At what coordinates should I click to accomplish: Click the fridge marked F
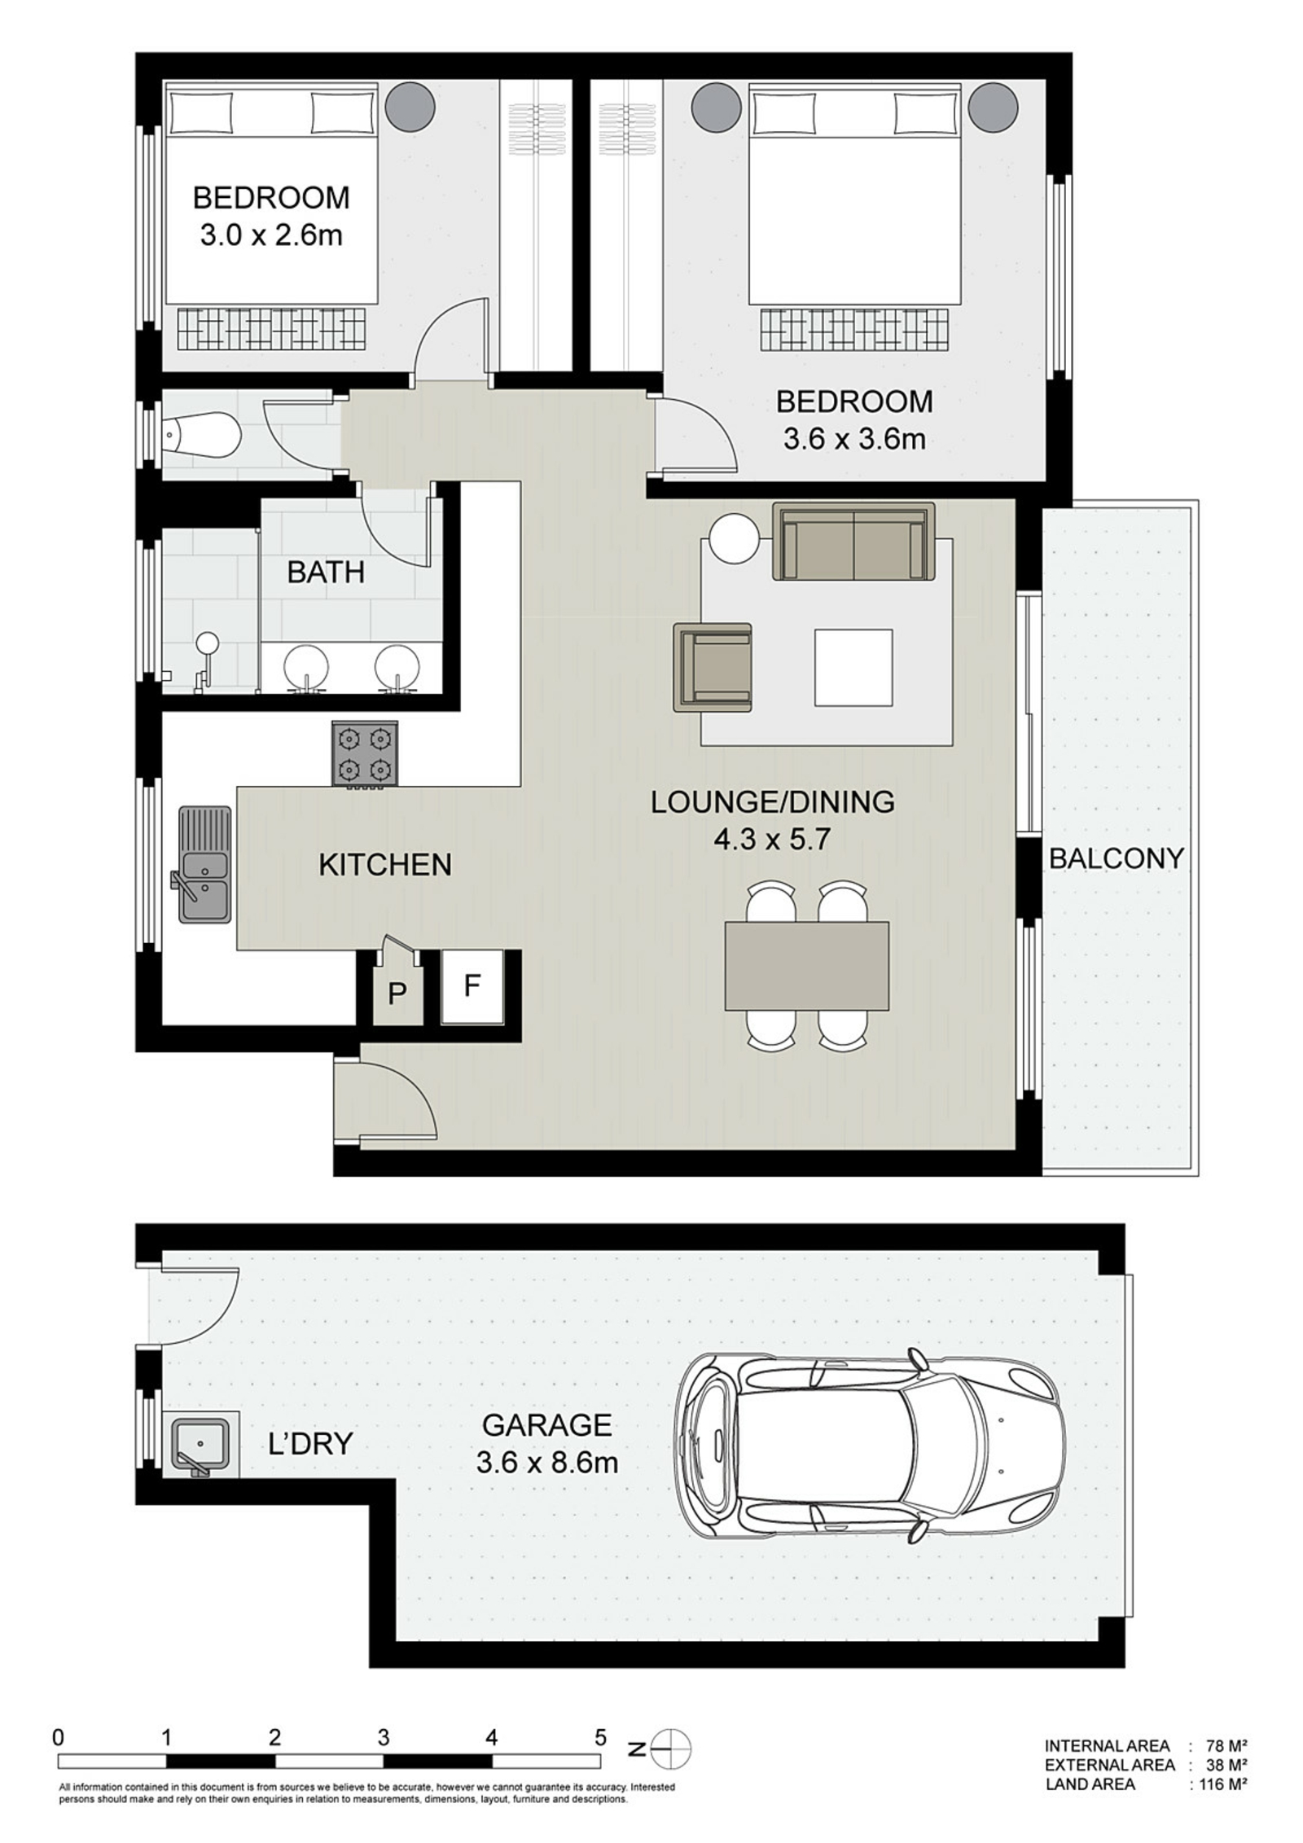(x=471, y=987)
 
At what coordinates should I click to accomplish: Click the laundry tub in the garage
(x=200, y=1445)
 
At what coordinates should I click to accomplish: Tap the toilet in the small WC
(x=200, y=435)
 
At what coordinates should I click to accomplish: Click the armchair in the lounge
(x=713, y=667)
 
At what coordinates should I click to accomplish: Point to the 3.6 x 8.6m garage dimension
(x=546, y=1463)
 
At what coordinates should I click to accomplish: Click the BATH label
(x=326, y=573)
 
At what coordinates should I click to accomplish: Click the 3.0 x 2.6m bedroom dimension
(x=270, y=236)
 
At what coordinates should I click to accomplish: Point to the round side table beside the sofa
(x=734, y=538)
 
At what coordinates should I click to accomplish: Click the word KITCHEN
(x=384, y=865)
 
